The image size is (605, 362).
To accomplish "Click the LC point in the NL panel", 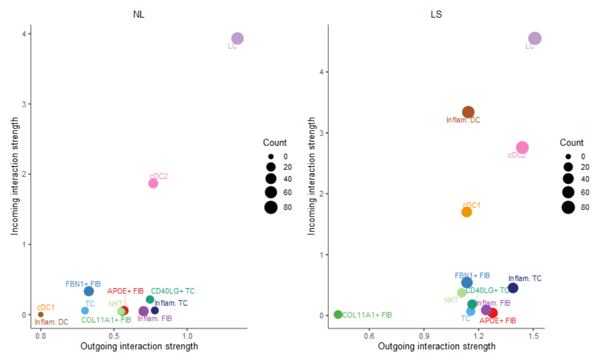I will (x=237, y=38).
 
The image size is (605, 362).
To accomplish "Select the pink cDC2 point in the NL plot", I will (x=153, y=183).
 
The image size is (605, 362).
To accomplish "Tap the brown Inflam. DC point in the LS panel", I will (x=468, y=112).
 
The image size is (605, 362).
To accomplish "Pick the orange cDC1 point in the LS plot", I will (x=466, y=212).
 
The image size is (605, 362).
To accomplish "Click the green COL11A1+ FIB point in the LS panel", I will (x=338, y=315).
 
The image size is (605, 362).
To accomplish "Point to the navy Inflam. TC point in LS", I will (x=513, y=288).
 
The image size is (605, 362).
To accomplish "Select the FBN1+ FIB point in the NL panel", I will (x=89, y=291).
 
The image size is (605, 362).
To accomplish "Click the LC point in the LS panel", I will (x=535, y=38).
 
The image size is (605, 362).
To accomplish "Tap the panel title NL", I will (x=139, y=15).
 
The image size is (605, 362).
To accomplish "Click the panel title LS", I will (x=436, y=15).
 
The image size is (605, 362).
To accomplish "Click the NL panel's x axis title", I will (x=139, y=346).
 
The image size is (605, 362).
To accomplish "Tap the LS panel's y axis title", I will (x=312, y=176).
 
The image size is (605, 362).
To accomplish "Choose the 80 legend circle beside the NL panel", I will (x=271, y=208).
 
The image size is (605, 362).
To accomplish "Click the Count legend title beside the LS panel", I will (x=572, y=143).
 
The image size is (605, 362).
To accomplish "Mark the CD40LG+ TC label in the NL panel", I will (x=173, y=292).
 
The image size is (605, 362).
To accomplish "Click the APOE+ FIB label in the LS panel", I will (x=497, y=321).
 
